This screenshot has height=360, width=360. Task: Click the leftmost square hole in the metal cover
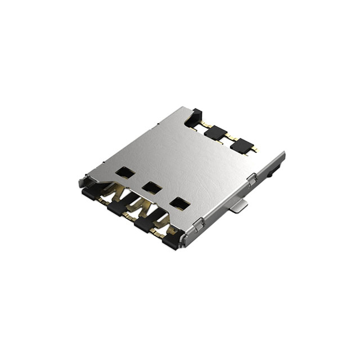click(125, 173)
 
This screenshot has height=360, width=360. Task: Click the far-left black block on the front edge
click(90, 193)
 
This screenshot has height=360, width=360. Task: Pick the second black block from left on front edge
click(116, 209)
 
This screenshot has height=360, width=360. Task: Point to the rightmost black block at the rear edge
click(241, 146)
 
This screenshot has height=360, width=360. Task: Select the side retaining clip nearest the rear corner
click(251, 179)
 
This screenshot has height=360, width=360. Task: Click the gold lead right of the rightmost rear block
click(254, 150)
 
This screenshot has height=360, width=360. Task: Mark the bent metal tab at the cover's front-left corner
click(83, 182)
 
